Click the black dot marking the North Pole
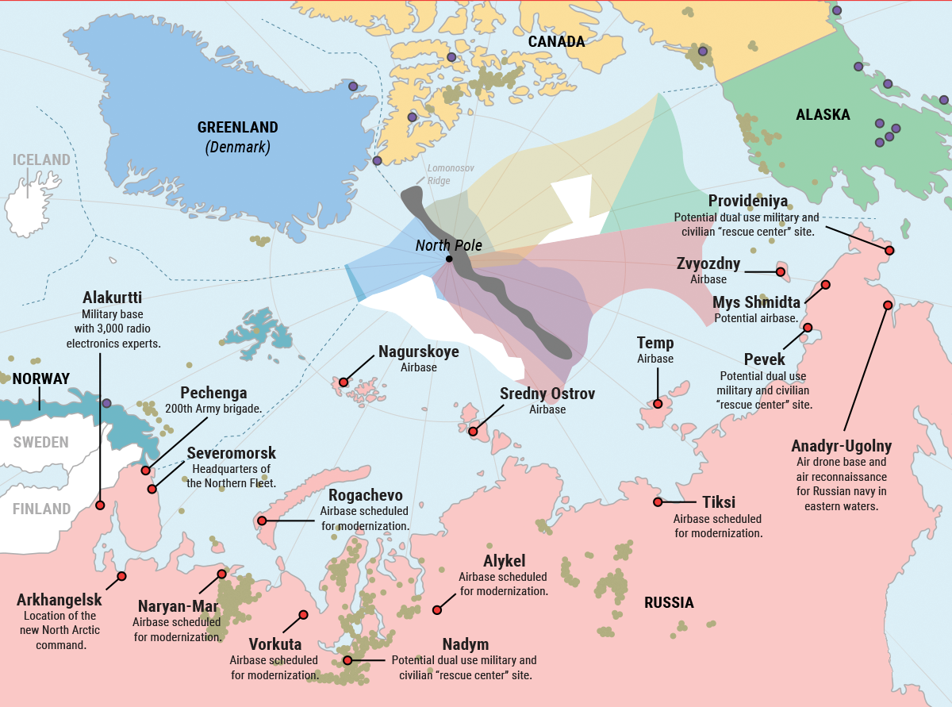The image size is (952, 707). [449, 259]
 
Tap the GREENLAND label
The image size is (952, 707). [237, 127]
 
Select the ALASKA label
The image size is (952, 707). [823, 115]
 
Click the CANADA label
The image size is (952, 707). [556, 41]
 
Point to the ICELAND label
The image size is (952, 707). [41, 159]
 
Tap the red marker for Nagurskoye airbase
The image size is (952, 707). [344, 382]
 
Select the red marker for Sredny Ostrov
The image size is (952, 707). [473, 432]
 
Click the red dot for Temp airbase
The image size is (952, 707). [658, 404]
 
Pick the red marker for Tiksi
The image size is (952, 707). [658, 501]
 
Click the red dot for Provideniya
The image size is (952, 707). [889, 250]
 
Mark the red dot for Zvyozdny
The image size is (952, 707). [781, 272]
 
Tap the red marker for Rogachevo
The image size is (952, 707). [262, 521]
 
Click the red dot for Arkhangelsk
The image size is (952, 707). [121, 576]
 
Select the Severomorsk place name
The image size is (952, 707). [231, 453]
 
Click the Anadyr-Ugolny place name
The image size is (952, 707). [841, 446]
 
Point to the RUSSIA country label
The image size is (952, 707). [669, 602]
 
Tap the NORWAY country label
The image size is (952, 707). [41, 378]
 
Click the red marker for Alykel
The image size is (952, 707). [436, 609]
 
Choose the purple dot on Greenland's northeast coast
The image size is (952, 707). [353, 86]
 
